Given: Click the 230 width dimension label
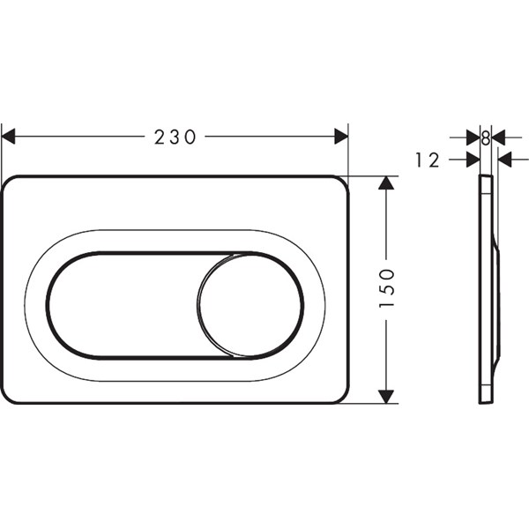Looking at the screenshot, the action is click(175, 137).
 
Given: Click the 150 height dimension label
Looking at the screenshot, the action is click(387, 287).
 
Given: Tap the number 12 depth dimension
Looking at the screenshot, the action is click(428, 160).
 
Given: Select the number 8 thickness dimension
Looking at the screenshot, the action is click(486, 138).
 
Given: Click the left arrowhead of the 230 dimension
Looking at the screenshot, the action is click(9, 137).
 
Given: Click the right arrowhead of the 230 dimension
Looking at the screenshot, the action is click(341, 137).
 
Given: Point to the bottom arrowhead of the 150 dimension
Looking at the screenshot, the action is click(386, 397).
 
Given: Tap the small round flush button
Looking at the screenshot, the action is click(250, 305).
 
